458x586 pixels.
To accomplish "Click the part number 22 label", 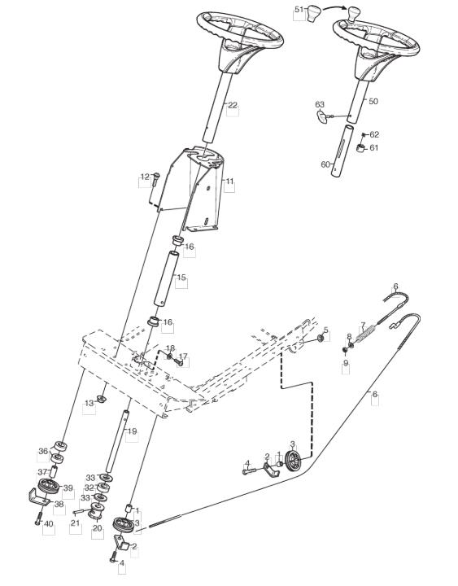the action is click(x=233, y=105).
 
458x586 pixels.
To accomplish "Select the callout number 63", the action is click(x=320, y=104).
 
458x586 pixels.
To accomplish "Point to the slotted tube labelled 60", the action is click(x=342, y=151).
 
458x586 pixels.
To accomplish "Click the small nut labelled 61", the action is click(x=360, y=148).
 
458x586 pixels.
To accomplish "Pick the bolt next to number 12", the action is click(x=156, y=180).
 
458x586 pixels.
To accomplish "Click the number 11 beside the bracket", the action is click(x=229, y=181).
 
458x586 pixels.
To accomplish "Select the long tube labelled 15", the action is click(x=166, y=279).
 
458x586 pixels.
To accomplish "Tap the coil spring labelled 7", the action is click(x=366, y=334).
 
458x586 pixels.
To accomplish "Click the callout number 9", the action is click(x=346, y=362).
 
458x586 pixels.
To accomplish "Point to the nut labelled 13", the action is click(x=101, y=399).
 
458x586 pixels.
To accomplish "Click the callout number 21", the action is click(x=75, y=523).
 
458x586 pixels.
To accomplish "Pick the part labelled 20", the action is click(x=96, y=510).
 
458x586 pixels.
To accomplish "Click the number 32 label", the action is click(x=89, y=488).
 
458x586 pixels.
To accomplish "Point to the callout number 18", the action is click(x=170, y=348).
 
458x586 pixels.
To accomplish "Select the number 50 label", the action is click(x=373, y=101).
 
